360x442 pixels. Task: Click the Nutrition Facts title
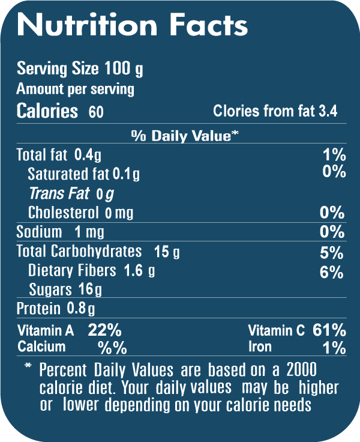(x=132, y=25)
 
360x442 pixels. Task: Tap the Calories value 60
(x=95, y=112)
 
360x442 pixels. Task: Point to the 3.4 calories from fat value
(x=327, y=111)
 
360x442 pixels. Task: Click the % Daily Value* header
(x=185, y=136)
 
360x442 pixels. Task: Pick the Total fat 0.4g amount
(x=88, y=155)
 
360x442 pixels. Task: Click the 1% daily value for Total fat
(x=334, y=155)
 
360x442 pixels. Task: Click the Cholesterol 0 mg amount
(x=119, y=213)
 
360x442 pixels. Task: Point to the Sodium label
(x=39, y=232)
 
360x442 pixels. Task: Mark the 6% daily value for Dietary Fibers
(x=332, y=272)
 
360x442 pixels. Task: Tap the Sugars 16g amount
(x=90, y=290)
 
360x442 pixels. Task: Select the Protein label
(x=38, y=309)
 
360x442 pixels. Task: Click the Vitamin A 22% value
(x=105, y=330)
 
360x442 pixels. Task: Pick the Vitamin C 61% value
(x=329, y=330)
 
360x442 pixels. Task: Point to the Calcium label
(x=41, y=347)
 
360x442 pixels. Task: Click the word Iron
(x=260, y=347)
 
